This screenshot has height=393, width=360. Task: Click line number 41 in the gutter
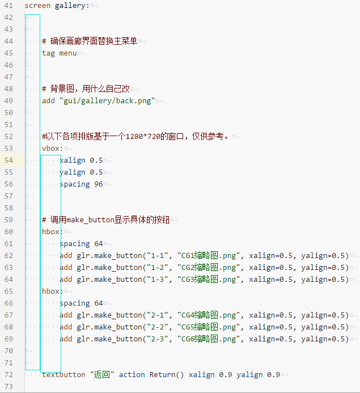(9, 6)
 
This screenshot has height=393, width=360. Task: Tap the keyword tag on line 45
(48, 53)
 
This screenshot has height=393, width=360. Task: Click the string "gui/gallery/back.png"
(107, 101)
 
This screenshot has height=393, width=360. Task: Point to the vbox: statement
(52, 149)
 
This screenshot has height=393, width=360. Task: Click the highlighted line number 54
(9, 160)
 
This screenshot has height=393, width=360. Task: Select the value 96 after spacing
(99, 184)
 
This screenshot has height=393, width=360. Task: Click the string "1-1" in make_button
(158, 256)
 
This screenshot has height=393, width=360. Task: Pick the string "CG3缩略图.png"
(209, 280)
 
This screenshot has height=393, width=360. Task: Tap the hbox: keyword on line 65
(52, 291)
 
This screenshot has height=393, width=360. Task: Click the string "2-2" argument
(158, 327)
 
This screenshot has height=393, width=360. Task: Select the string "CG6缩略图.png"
(209, 339)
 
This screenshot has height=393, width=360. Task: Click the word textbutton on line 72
(63, 375)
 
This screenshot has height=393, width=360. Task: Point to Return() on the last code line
(167, 375)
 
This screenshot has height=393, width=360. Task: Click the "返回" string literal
(102, 375)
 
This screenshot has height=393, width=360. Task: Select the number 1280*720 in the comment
(143, 137)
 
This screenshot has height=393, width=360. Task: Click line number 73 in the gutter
(9, 387)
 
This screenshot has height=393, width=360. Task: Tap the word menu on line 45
(68, 53)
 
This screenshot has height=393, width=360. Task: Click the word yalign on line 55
(73, 172)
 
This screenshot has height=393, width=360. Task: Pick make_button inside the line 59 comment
(90, 220)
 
